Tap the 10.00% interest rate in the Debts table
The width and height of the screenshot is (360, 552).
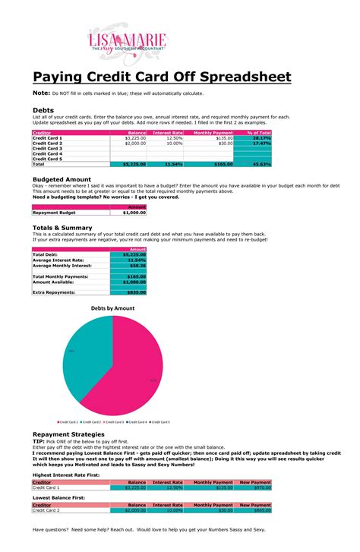(x=174, y=143)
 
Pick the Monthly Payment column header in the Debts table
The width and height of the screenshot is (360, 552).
(x=213, y=133)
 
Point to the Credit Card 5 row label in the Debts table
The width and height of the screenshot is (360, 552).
(x=47, y=158)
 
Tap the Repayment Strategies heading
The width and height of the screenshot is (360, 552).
(x=73, y=434)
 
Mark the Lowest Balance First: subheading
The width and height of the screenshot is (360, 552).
(x=58, y=497)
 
